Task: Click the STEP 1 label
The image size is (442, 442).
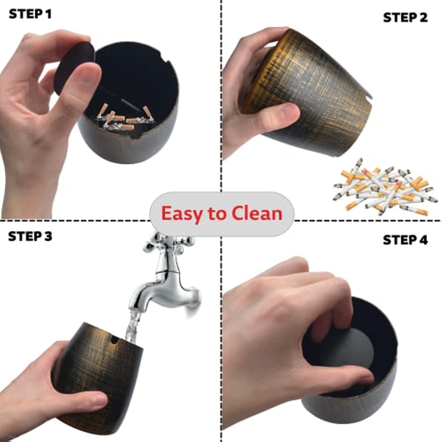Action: pos(30,14)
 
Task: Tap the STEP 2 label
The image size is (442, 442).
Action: pos(405,18)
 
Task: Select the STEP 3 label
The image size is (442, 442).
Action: pos(30,237)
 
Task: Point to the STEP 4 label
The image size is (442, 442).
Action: pos(405,240)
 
